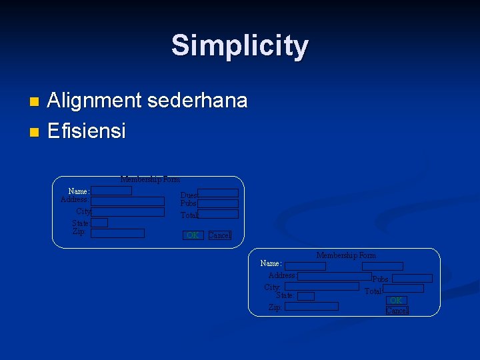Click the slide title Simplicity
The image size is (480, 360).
pos(240,46)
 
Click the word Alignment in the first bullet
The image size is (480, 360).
pos(95,101)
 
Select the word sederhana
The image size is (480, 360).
pos(197,101)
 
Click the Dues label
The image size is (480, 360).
pos(189,195)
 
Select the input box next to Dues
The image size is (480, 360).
pos(218,193)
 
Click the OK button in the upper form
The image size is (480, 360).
pos(193,235)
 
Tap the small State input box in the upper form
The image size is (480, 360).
pos(99,223)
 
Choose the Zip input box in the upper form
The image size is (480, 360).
pos(117,233)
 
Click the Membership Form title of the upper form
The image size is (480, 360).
pos(150,179)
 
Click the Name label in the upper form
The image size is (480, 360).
pos(79,191)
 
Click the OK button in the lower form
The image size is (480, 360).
pos(396,301)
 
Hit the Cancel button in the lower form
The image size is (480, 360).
pos(397,311)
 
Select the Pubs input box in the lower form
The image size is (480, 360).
pos(412,279)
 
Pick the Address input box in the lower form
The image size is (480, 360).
pos(335,276)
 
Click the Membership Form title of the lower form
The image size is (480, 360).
pos(346,255)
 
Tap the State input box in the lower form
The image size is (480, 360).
pos(305,296)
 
